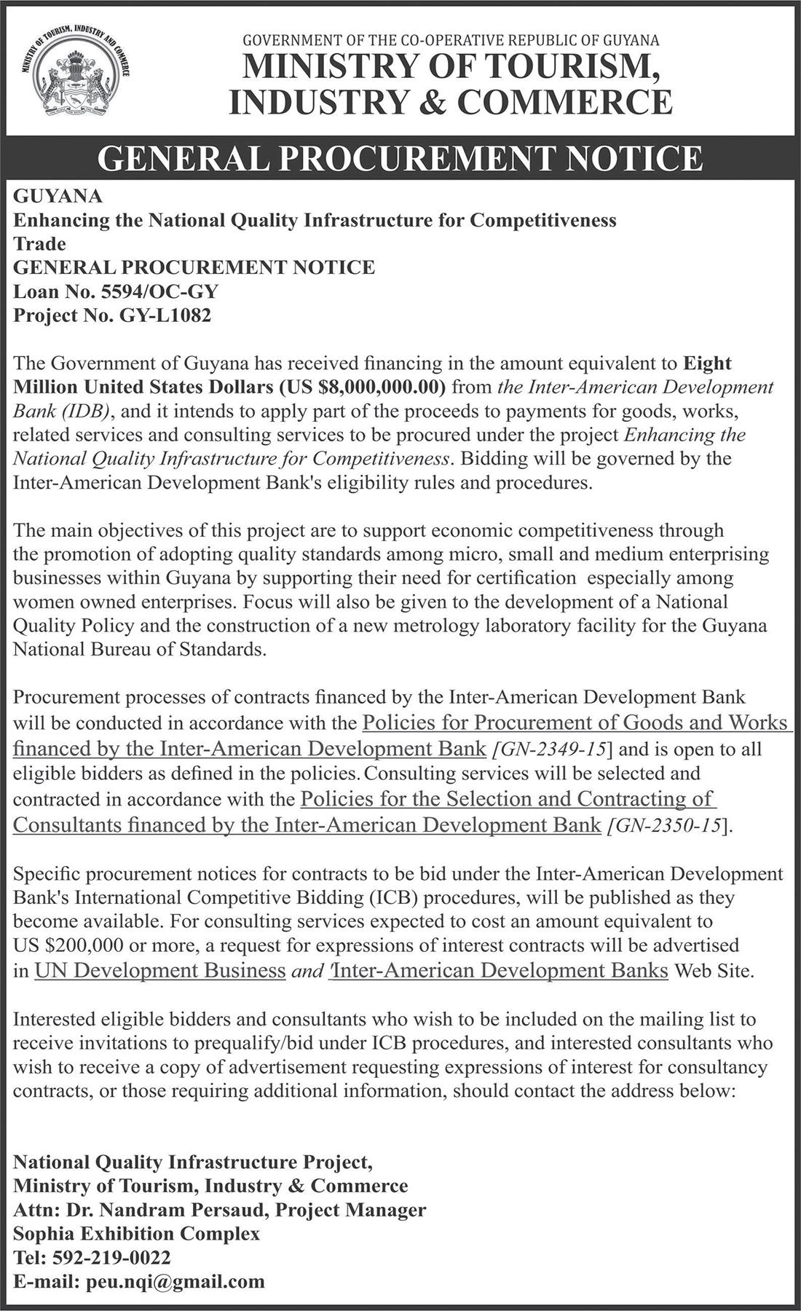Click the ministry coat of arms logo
pos(75,74)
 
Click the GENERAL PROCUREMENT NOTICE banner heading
pos(400,158)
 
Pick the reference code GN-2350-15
pos(667,826)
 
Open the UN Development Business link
pos(159,971)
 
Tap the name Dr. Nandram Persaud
pos(170,1210)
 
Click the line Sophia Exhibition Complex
pos(136,1234)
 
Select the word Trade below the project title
pos(39,244)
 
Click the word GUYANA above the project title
pos(58,196)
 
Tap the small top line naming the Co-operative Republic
pos(450,41)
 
